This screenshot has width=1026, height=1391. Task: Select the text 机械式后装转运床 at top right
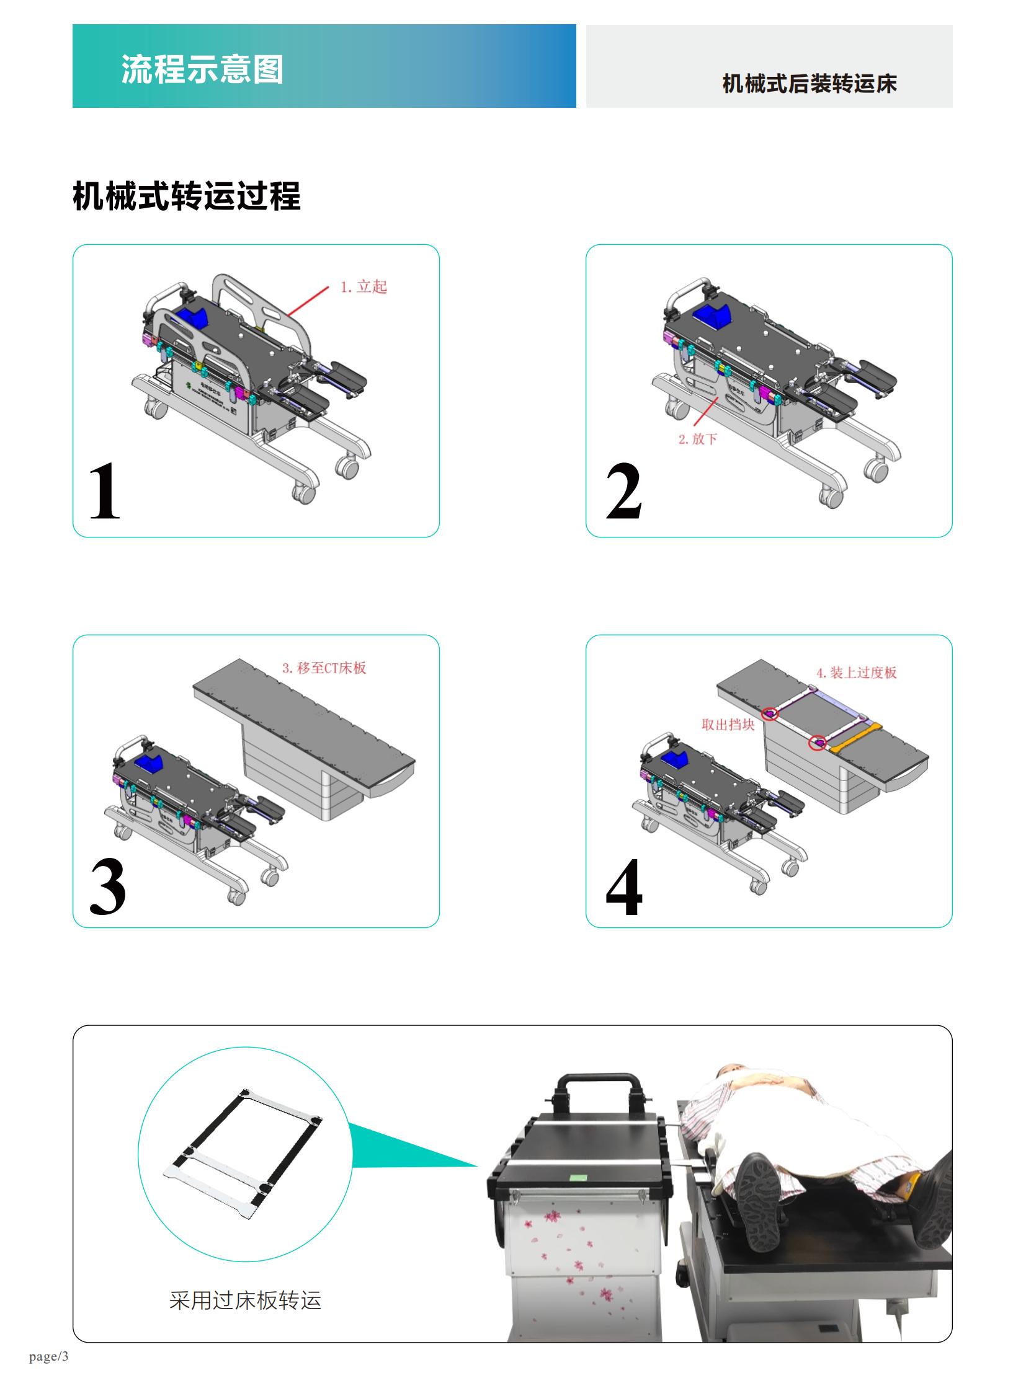tap(809, 83)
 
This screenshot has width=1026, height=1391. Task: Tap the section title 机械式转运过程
tap(186, 195)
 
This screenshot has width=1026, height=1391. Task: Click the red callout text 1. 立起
tap(364, 287)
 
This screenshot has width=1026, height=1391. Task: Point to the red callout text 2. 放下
tap(697, 439)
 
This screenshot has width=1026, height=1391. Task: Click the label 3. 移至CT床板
tap(324, 668)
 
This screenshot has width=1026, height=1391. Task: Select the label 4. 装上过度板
tap(856, 672)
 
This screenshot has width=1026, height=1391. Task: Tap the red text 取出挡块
tap(727, 725)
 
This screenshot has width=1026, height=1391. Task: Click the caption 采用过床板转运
tap(244, 1300)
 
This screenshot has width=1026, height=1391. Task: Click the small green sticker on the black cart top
tap(579, 1177)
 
